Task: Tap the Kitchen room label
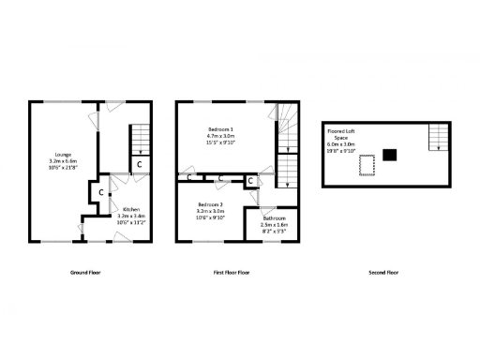[x=130, y=209]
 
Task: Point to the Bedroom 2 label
[x=210, y=204]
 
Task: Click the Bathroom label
[x=274, y=217]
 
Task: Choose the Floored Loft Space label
[x=339, y=135]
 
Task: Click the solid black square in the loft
[x=390, y=154]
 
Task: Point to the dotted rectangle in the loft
[x=367, y=165]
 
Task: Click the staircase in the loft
[x=435, y=138]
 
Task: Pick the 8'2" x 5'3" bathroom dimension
[x=274, y=231]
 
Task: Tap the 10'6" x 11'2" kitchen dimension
[x=130, y=222]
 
